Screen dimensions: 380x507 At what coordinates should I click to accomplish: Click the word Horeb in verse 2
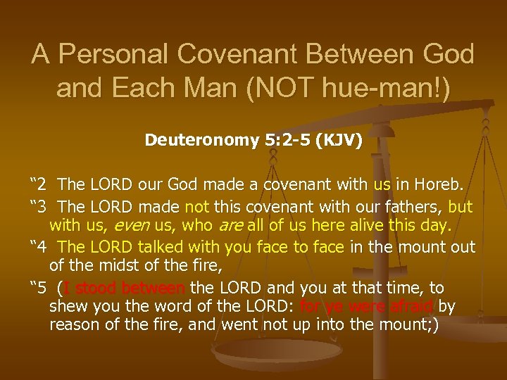tap(439, 185)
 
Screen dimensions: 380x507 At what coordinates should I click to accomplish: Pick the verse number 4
tap(41, 247)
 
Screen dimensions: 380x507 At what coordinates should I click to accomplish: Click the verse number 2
tap(41, 185)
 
